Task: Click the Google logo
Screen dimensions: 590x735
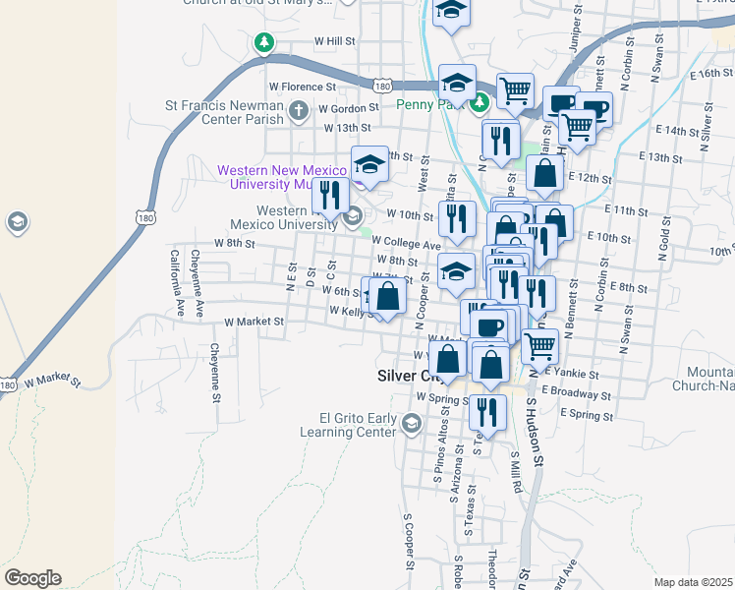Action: [x=32, y=578]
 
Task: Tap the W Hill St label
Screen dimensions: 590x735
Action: [x=334, y=41]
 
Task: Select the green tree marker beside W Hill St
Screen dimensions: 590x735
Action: [x=263, y=42]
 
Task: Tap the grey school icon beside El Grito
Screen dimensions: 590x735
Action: [x=412, y=424]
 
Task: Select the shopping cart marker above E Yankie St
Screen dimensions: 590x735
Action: [x=539, y=345]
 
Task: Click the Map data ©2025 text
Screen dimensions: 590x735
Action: [x=693, y=582]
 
